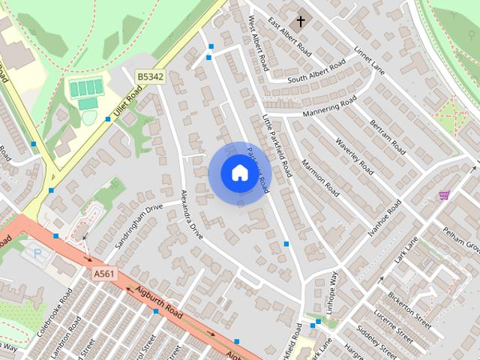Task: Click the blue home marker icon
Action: coord(239,172)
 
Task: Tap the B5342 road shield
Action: coord(149,76)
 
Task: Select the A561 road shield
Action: coord(105,274)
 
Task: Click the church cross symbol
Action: coord(301,20)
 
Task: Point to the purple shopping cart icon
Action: coord(444,196)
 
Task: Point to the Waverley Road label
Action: coord(354,156)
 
